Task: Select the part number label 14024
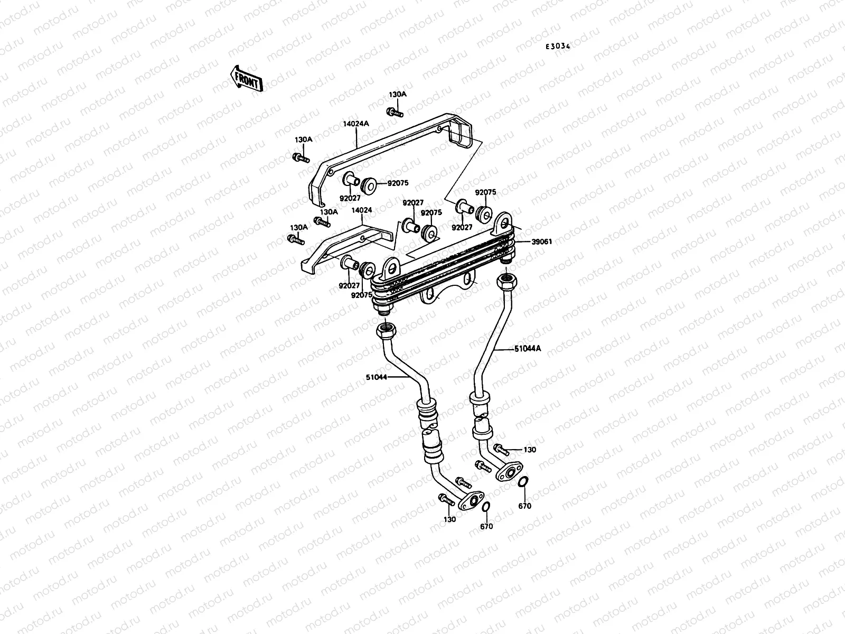click(x=361, y=210)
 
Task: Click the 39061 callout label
click(x=542, y=241)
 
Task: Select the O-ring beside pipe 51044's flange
click(x=486, y=507)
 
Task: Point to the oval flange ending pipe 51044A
click(x=509, y=471)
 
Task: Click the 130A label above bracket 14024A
click(x=398, y=95)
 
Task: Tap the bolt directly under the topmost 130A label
click(x=395, y=112)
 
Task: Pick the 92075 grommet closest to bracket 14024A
click(x=368, y=185)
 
